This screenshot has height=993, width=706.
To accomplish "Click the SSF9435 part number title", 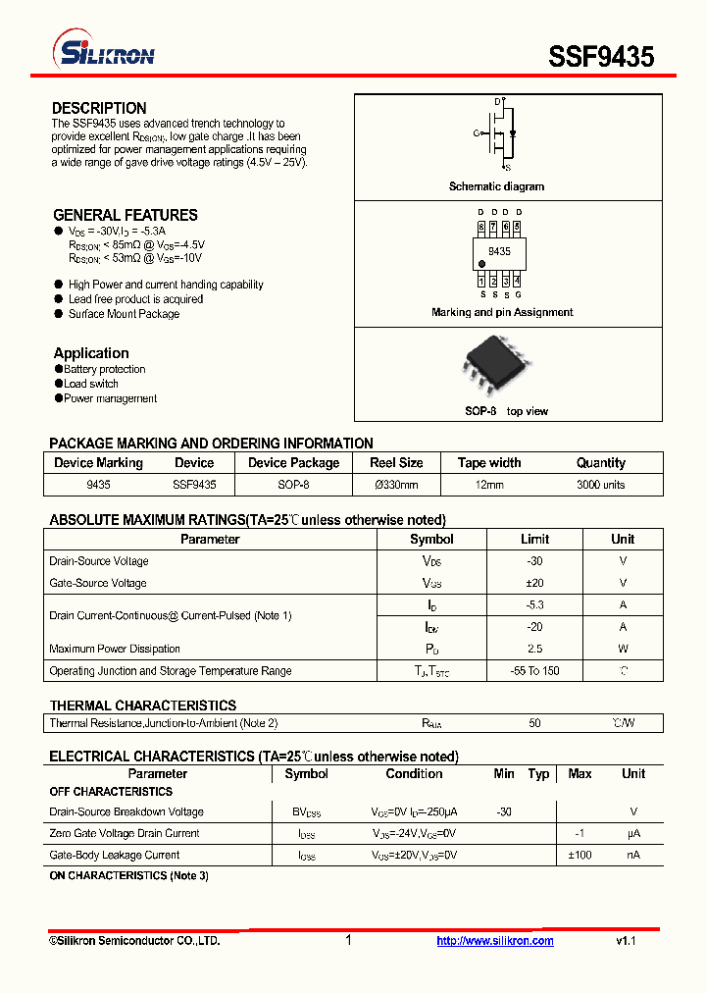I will pos(601,56).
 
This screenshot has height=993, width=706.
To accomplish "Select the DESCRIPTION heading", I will pos(99,108).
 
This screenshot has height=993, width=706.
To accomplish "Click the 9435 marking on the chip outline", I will pos(499,252).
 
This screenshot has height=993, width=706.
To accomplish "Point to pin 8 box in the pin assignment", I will pos(481,227).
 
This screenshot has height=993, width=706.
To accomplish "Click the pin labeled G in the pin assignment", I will pos(518,294).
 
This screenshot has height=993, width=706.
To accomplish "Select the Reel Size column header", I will pos(396,463).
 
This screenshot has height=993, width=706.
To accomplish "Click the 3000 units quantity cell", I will pos(600,485).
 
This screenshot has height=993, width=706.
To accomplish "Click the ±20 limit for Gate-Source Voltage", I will pos(534,583).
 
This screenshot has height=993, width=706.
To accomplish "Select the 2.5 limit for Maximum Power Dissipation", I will pos(534,649).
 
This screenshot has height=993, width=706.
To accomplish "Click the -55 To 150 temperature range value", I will pos(534,671).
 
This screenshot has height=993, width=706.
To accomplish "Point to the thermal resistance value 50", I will pos(534,723).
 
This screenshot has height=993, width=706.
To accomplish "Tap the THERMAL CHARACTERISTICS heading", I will pos(143,706).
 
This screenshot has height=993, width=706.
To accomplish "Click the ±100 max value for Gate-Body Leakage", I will pos(580,855).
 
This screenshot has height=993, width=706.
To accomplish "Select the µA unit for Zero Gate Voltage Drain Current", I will pos(633,833).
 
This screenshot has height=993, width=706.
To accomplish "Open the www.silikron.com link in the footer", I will pos(495,941).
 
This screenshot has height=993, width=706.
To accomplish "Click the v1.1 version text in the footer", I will pos(627,941).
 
